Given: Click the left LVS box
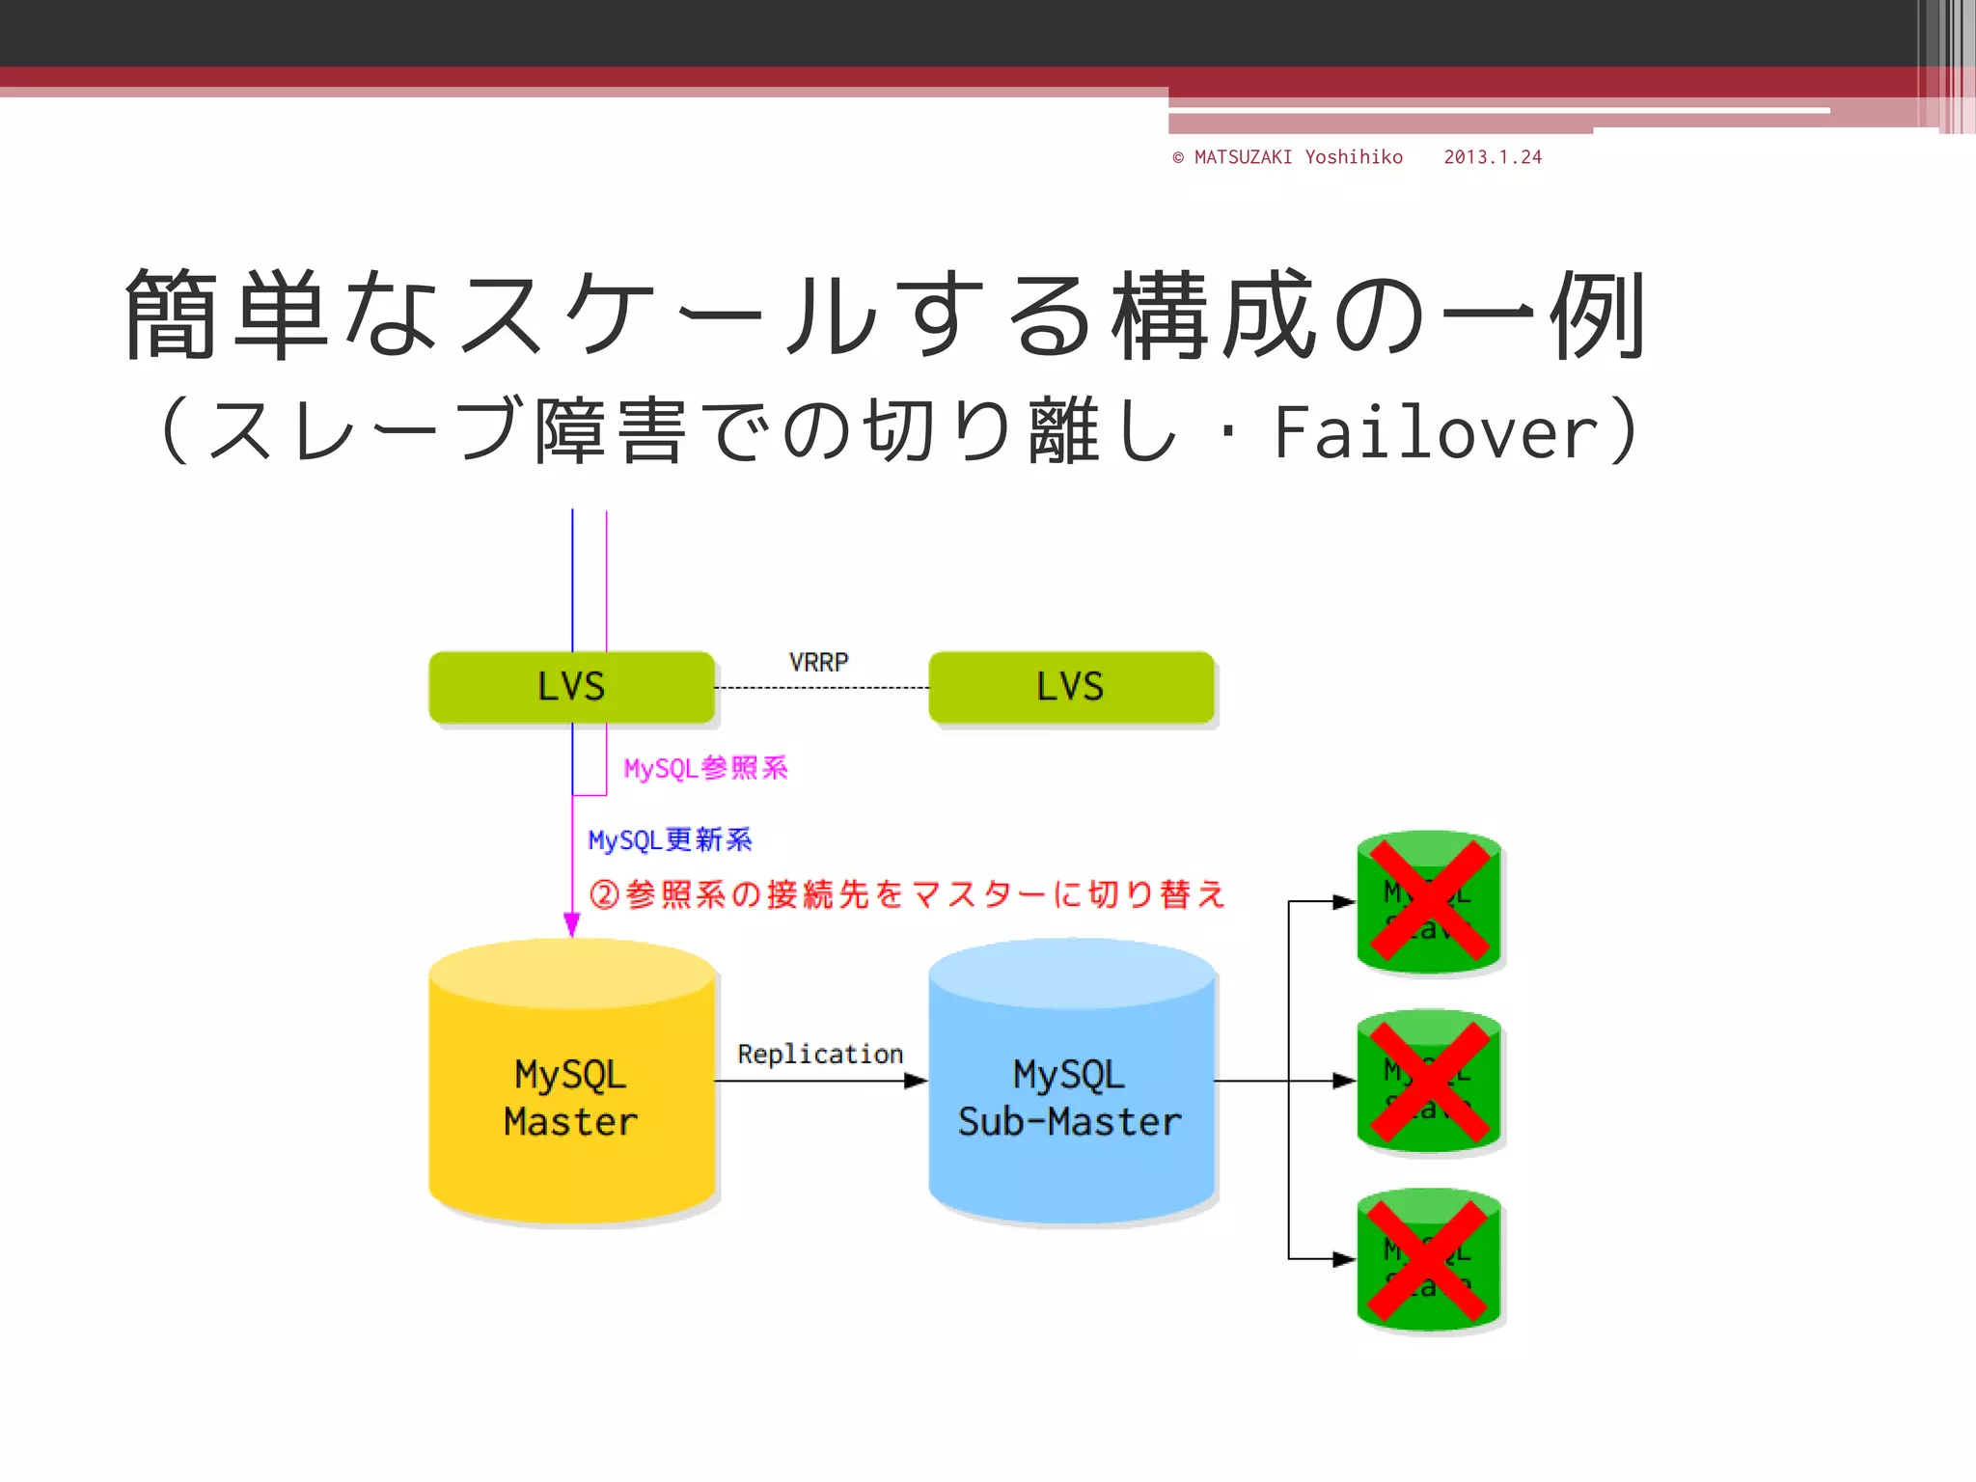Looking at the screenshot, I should click(571, 687).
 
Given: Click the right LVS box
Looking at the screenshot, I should click(1070, 687).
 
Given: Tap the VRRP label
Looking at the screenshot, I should click(818, 662).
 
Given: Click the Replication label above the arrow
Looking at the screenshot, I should click(820, 1054).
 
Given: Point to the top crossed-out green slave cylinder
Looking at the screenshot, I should click(1429, 901).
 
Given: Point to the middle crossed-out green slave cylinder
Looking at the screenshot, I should click(1429, 1081).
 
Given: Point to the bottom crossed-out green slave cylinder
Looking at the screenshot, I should click(1429, 1259).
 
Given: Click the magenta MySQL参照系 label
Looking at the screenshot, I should click(705, 768).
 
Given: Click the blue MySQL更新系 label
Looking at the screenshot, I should click(670, 840).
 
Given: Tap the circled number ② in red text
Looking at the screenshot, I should click(604, 894).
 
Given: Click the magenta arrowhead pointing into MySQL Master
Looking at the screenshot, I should click(571, 924).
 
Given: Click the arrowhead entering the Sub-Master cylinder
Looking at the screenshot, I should click(915, 1082).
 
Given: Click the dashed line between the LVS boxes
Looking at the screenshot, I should click(820, 688).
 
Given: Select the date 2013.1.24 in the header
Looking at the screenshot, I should click(1492, 157).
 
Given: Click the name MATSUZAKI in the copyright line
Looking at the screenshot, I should click(1243, 157).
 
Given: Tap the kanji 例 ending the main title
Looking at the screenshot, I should click(1598, 315).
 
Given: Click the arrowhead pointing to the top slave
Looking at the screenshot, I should click(1343, 902).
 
